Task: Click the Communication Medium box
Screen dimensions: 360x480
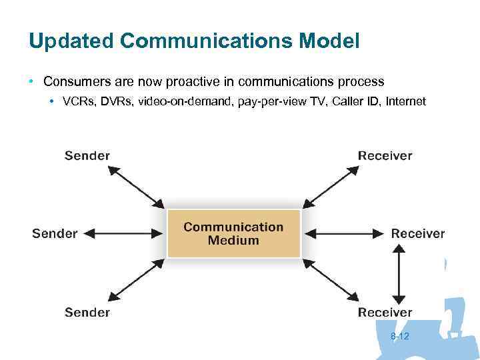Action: click(233, 233)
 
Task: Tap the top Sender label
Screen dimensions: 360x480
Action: click(87, 156)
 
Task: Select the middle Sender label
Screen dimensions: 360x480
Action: click(55, 234)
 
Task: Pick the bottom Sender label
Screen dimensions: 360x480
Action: click(87, 312)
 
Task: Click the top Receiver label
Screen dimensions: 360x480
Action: click(385, 156)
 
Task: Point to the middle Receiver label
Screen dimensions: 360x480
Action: click(417, 234)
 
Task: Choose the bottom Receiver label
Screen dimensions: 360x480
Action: click(385, 312)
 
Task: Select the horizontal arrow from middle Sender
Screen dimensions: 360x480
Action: click(124, 233)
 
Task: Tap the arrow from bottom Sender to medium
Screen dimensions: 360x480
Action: click(136, 280)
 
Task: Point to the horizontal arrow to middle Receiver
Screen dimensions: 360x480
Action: click(347, 233)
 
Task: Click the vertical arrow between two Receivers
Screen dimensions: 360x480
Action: click(398, 273)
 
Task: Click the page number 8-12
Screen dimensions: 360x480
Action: click(400, 337)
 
